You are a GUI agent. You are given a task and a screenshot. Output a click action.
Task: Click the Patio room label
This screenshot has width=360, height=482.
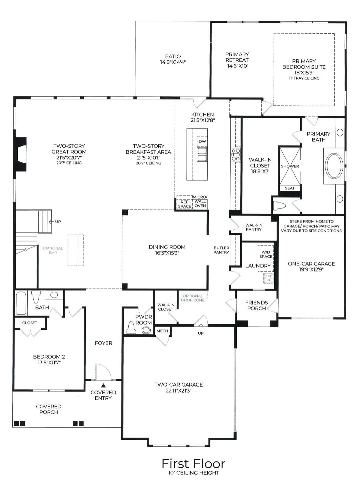pos(173,57)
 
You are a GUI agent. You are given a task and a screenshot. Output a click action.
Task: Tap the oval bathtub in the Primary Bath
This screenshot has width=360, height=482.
pos(334,166)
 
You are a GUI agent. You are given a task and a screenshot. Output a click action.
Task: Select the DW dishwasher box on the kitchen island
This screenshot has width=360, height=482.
pos(202,141)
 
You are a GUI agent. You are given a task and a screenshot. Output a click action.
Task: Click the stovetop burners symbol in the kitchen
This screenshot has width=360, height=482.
pos(236,155)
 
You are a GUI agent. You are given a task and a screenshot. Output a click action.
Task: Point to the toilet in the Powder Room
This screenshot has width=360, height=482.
pos(131,328)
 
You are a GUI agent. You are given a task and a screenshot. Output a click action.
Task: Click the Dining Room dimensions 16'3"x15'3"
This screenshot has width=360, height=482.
pos(167,253)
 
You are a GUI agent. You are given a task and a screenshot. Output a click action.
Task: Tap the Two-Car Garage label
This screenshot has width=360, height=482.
pos(178,385)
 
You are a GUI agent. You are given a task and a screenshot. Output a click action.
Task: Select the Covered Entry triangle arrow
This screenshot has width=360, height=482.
pos(103,386)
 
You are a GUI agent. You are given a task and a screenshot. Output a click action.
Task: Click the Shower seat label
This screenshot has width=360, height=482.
pos(290,188)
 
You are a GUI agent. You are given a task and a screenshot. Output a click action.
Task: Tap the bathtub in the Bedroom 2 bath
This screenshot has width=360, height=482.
pos(21,303)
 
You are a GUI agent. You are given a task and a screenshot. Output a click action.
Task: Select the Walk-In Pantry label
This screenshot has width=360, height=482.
pos(254,227)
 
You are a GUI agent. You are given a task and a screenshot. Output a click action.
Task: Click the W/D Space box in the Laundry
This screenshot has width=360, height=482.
pos(266,254)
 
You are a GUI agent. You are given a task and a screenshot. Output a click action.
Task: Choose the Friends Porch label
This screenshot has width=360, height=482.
pos(256,305)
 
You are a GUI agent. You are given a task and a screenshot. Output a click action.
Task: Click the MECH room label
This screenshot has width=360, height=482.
pos(162,331)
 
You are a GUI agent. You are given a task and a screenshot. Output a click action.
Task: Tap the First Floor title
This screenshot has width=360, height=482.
pos(193,463)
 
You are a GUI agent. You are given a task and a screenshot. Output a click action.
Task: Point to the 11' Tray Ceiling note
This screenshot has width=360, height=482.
pos(304,78)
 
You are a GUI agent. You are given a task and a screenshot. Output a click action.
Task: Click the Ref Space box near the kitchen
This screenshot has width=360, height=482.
pos(184,204)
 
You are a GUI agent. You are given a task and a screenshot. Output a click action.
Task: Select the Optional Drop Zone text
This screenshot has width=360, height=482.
pos(193,298)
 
